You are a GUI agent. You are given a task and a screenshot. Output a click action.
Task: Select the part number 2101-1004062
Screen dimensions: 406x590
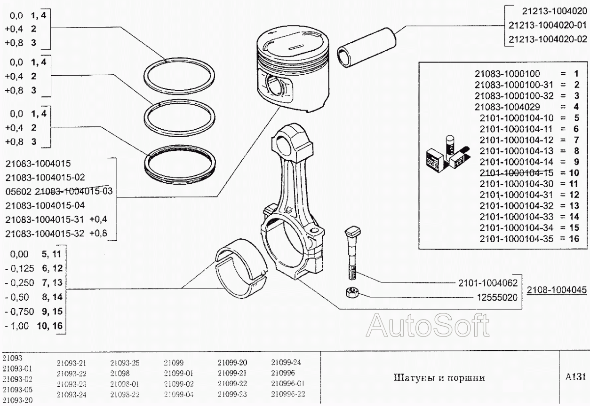[487, 283]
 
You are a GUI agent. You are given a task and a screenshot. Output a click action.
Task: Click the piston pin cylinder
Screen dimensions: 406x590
[367, 45]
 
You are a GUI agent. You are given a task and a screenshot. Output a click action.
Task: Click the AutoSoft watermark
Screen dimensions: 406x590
[426, 326]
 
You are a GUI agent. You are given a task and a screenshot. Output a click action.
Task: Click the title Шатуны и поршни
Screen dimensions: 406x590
[439, 377]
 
